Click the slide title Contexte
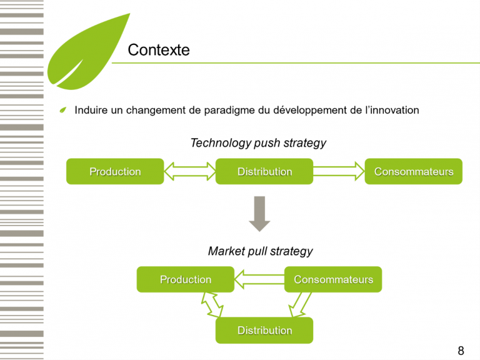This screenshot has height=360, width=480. click(158, 50)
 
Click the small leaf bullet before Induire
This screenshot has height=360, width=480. click(62, 111)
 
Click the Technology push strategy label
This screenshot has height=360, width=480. click(258, 143)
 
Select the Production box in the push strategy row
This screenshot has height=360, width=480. click(115, 171)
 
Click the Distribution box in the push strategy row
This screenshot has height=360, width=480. click(264, 171)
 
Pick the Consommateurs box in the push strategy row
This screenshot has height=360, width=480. click(413, 171)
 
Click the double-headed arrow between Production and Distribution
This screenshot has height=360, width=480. click(189, 171)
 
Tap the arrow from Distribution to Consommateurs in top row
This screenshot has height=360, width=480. click(339, 171)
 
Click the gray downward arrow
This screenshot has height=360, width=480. click(259, 213)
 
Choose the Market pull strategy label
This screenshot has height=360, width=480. click(260, 251)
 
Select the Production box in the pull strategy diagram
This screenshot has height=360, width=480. click(186, 279)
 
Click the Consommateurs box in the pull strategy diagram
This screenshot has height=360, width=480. click(333, 279)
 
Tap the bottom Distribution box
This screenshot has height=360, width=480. click(264, 330)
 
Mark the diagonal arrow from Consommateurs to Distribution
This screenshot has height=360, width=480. click(299, 306)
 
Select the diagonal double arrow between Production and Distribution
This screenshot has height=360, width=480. click(212, 306)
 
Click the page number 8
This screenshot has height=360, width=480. click(461, 351)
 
